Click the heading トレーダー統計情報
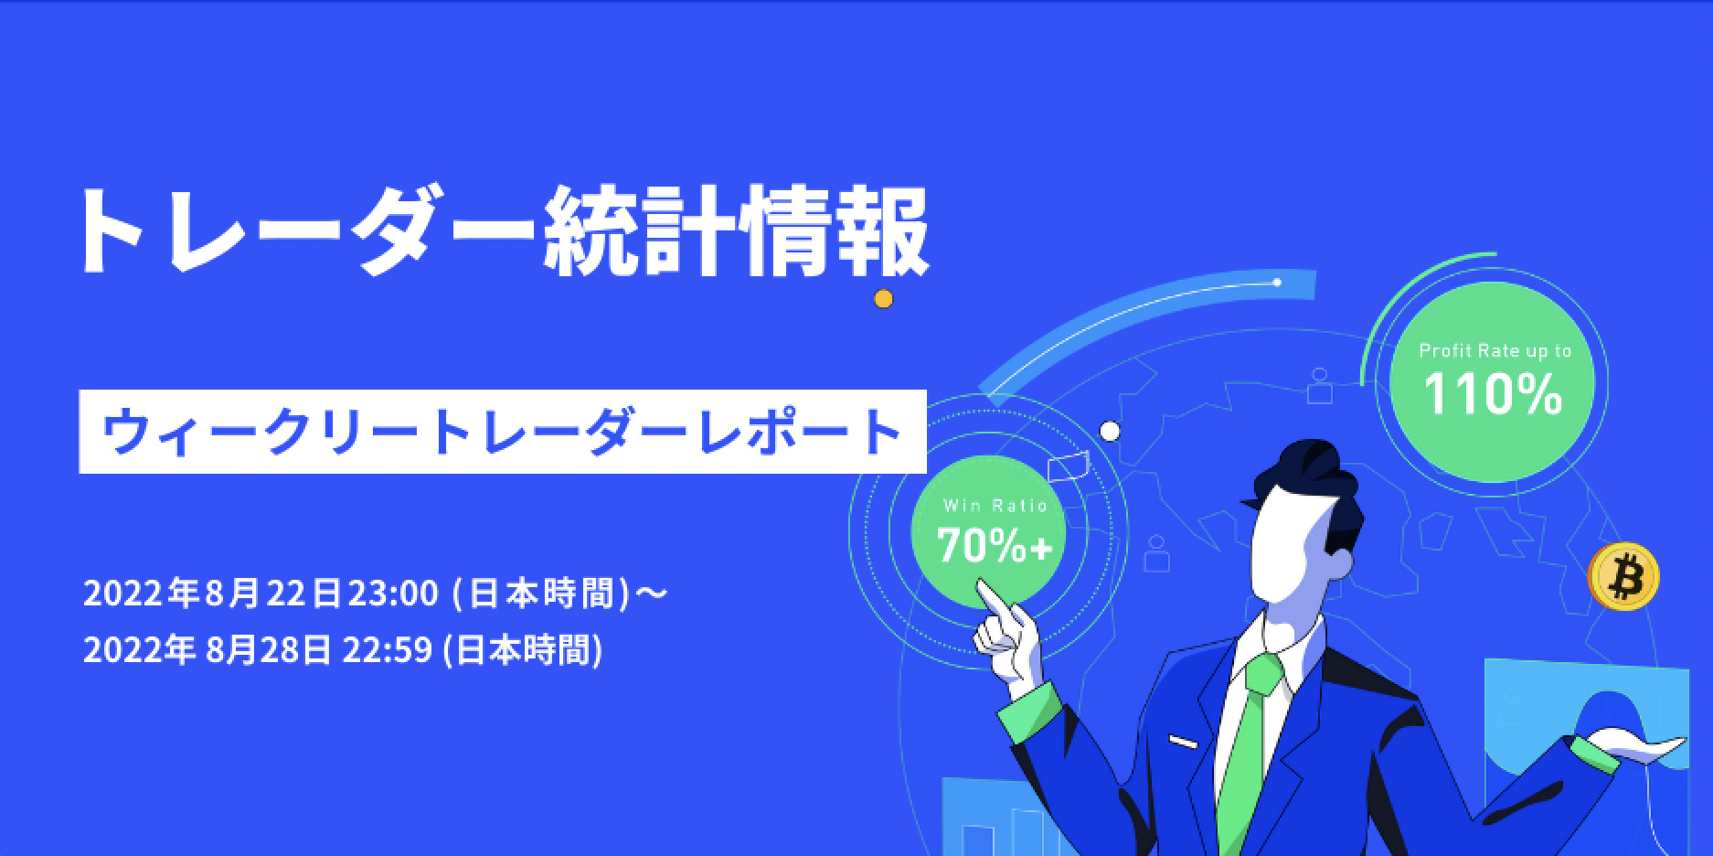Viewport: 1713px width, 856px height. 504,232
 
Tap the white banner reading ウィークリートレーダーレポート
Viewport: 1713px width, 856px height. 503,432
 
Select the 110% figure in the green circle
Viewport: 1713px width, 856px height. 1493,395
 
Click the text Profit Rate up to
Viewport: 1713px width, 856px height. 1495,351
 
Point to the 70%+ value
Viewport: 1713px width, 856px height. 995,546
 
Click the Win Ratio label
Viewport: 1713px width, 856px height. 995,506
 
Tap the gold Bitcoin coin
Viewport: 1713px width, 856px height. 1623,576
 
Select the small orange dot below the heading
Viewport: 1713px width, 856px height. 882,298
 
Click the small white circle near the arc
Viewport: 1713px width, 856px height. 1110,431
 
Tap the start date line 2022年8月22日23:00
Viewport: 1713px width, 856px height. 375,594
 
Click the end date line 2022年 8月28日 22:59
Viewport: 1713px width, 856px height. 343,650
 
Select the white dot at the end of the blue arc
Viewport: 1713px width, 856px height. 1277,283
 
